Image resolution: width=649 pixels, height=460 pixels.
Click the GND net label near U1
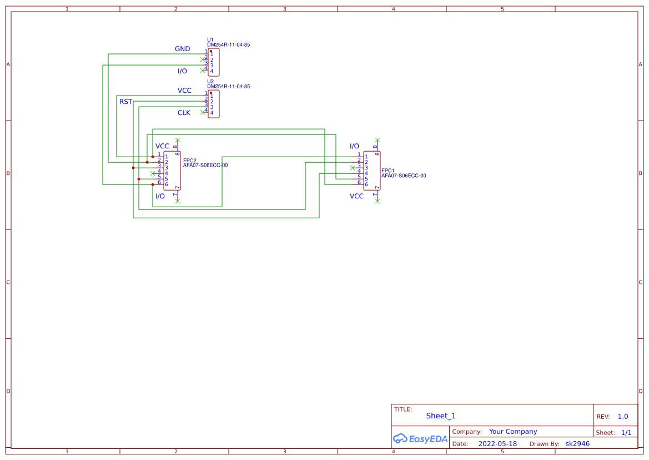pyautogui.click(x=183, y=49)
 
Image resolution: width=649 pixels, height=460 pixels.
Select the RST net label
pyautogui.click(x=126, y=102)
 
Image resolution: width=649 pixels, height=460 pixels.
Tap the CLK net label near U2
pyautogui.click(x=184, y=113)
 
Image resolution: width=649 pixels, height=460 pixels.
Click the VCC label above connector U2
pyautogui.click(x=184, y=91)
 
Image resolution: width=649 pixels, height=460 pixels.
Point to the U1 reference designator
pyautogui.click(x=210, y=39)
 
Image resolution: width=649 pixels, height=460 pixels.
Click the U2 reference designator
pyautogui.click(x=210, y=81)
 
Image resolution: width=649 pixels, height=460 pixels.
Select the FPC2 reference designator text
pyautogui.click(x=190, y=160)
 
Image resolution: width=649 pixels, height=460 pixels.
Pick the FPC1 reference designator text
pyautogui.click(x=388, y=171)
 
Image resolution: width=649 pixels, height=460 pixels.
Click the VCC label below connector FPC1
pyautogui.click(x=356, y=196)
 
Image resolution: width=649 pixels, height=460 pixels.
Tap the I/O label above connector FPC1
pyautogui.click(x=354, y=146)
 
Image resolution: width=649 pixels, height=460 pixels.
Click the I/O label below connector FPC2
pyautogui.click(x=160, y=196)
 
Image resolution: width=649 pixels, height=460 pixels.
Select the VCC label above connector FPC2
pyautogui.click(x=162, y=146)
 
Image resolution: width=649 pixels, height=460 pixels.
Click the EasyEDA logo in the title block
pyautogui.click(x=420, y=438)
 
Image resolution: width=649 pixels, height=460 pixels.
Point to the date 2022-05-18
pyautogui.click(x=497, y=444)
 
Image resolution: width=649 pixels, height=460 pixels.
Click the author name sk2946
pyautogui.click(x=577, y=444)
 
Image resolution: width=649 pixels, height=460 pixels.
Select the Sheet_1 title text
pyautogui.click(x=441, y=416)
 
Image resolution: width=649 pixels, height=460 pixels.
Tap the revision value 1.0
pyautogui.click(x=622, y=416)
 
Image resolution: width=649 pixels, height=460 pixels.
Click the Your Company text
pyautogui.click(x=513, y=432)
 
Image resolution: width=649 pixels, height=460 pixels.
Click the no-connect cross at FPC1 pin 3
pyautogui.click(x=353, y=168)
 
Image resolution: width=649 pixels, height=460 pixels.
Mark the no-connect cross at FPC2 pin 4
pyautogui.click(x=153, y=173)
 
